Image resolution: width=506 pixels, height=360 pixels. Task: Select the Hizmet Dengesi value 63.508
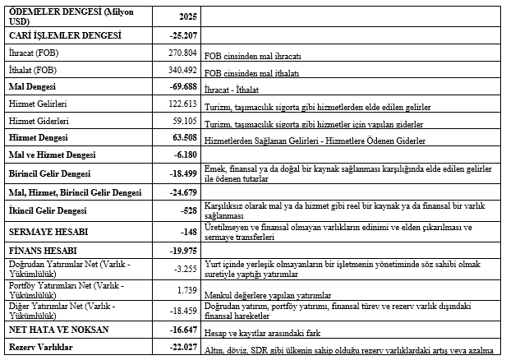pos(179,137)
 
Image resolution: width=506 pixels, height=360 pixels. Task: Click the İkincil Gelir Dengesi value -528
pos(186,210)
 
